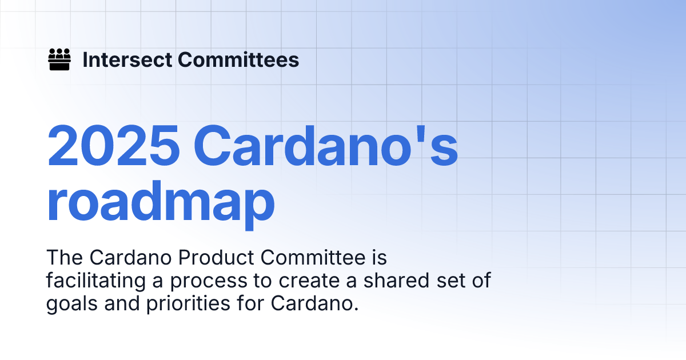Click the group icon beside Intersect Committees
(59, 59)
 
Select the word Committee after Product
(306, 258)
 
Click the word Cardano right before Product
(131, 258)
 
